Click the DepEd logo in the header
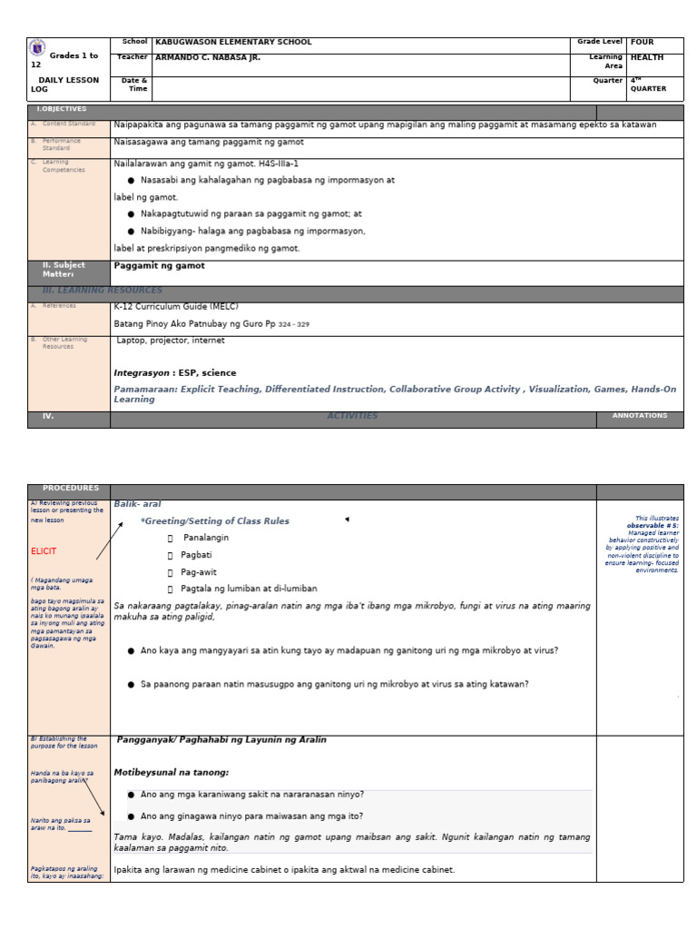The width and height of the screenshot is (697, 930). [x=37, y=49]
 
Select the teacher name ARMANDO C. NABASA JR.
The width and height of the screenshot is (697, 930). [x=208, y=58]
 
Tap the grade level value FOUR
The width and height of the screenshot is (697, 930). [x=642, y=42]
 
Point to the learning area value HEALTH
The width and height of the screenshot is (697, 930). [x=646, y=58]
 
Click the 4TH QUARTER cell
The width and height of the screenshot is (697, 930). [x=648, y=84]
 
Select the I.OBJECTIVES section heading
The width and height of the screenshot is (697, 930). [x=61, y=109]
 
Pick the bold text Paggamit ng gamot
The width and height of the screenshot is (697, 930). [x=159, y=266]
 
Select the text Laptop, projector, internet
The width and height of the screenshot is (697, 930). [x=171, y=341]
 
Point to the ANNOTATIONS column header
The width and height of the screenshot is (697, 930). [x=639, y=416]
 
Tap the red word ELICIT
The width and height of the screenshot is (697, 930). [x=44, y=551]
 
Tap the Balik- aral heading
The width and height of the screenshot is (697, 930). [x=137, y=504]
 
